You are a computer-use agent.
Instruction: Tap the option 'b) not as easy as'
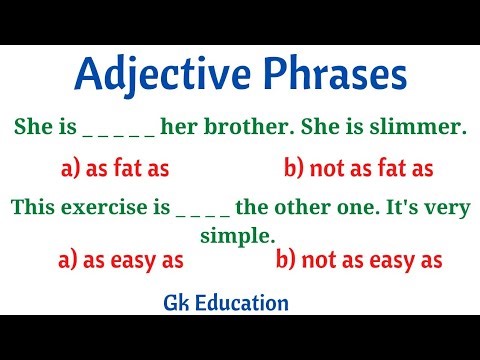(x=359, y=260)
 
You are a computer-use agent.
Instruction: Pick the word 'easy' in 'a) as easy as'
(x=127, y=260)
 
